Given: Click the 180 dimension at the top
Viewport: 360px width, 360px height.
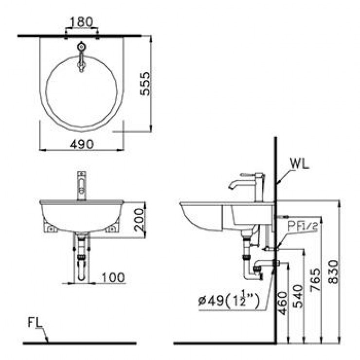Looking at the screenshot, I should tap(81, 22).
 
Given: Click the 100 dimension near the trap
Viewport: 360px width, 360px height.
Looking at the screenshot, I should tap(113, 277).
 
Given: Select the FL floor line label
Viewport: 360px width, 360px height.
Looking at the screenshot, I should tap(34, 322).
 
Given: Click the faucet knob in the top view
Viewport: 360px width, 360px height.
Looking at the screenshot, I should tap(81, 48).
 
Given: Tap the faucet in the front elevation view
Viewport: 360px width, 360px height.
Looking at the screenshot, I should tap(82, 185).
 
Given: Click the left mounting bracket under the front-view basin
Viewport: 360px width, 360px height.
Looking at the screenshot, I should tap(50, 227).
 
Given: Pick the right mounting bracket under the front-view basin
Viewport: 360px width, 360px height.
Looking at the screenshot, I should tap(113, 227).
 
